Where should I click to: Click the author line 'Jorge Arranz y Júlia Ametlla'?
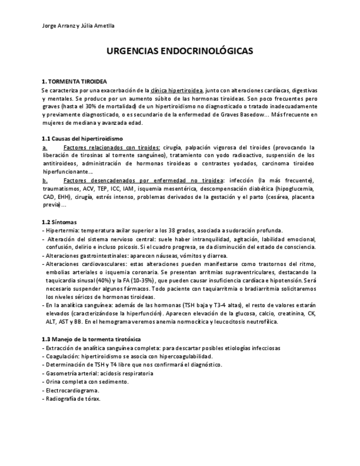pyautogui.click(x=78, y=26)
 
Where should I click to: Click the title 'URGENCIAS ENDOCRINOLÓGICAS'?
pyautogui.click(x=180, y=51)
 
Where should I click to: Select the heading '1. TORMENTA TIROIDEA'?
pyautogui.click(x=74, y=81)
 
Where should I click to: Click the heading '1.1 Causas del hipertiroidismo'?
pyautogui.click(x=82, y=138)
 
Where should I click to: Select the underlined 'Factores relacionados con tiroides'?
pyautogui.click(x=112, y=147)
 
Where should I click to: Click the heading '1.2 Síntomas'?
pyautogui.click(x=59, y=222)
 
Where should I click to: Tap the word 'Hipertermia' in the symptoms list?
pyautogui.click(x=62, y=230)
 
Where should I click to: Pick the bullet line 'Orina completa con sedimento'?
pyautogui.click(x=80, y=381)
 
